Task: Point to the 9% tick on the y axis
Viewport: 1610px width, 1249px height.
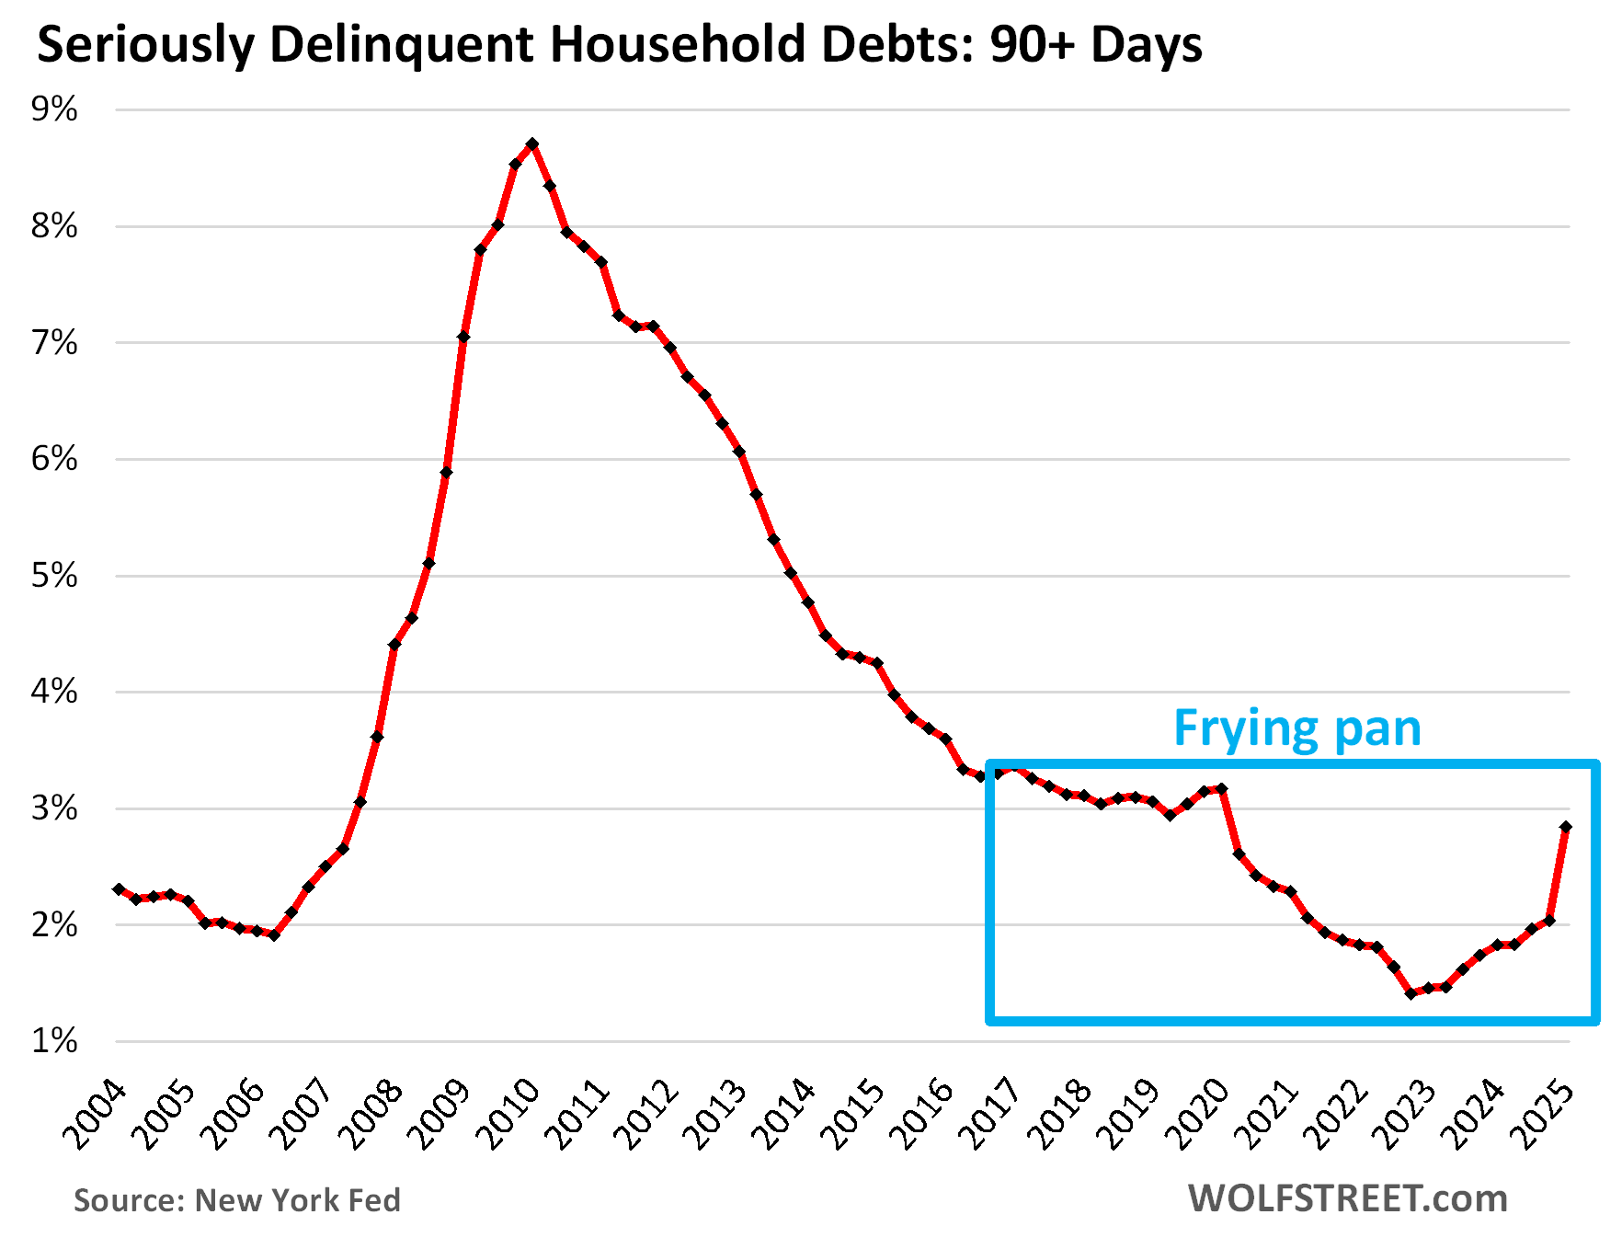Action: click(54, 109)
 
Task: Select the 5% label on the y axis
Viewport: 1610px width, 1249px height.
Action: click(54, 576)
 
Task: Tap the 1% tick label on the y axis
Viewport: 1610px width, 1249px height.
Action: click(54, 1041)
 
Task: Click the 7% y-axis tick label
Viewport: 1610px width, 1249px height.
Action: click(54, 343)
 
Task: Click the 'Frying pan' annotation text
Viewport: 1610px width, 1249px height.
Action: click(1296, 728)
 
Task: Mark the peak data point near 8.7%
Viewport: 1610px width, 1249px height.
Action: click(532, 144)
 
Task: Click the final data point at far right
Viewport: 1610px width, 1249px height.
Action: click(1566, 827)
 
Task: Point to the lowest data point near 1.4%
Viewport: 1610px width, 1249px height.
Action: click(1410, 993)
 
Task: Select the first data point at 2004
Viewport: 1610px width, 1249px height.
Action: click(119, 889)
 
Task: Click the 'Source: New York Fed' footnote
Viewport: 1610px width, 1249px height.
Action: click(237, 1200)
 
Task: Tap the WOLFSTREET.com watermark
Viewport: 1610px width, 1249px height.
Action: click(1348, 1198)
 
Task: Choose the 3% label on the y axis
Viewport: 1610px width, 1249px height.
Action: click(54, 808)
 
